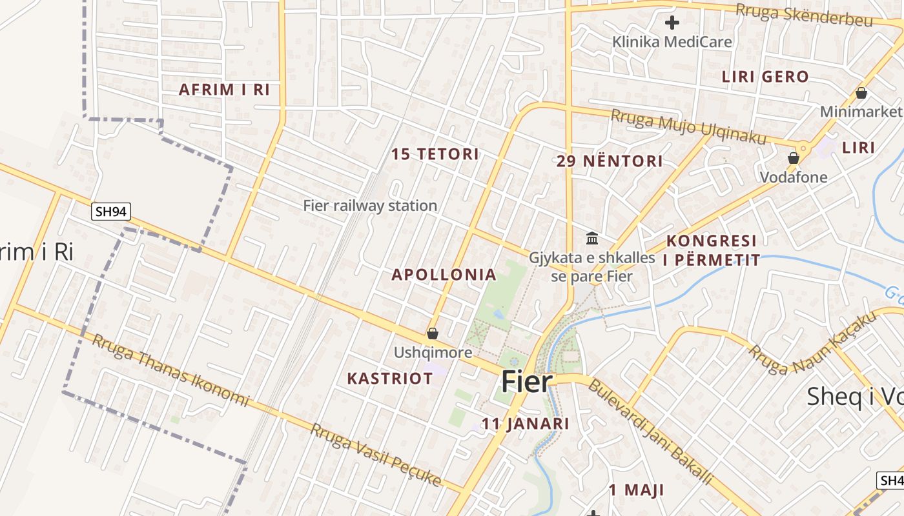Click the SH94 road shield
[111, 211]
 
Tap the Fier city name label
[528, 382]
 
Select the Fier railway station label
[370, 206]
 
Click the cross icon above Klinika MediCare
[672, 23]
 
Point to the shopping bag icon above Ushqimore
[433, 333]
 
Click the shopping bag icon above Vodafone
[794, 157]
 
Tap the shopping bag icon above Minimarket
[861, 93]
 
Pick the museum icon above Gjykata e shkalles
[592, 239]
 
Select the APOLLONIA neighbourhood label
[444, 275]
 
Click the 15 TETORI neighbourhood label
[435, 154]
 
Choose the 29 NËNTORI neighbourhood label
[610, 161]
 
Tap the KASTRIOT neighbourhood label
[390, 378]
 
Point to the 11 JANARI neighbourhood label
[526, 424]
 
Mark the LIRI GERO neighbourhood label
[765, 77]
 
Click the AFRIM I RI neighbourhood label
[224, 90]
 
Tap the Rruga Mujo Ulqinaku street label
[688, 127]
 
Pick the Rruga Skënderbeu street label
[804, 15]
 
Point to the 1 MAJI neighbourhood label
[636, 490]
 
